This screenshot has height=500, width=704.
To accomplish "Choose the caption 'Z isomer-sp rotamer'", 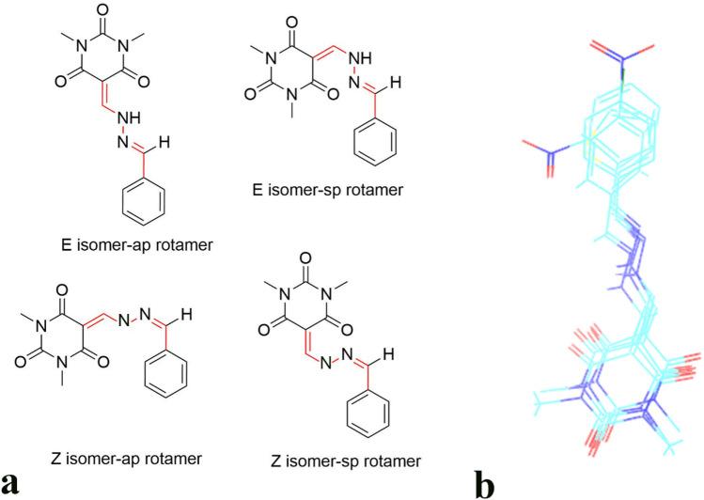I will (341, 460).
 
